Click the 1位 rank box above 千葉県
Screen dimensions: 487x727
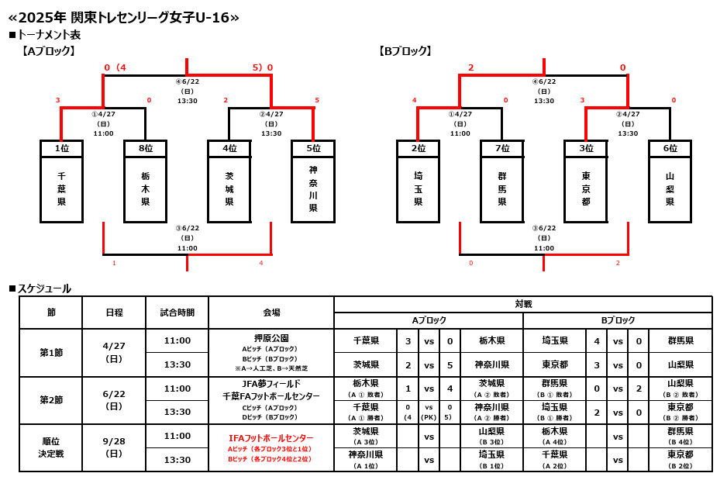tap(61, 148)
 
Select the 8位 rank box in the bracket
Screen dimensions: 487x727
tap(145, 148)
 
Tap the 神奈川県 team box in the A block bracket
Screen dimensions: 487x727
tap(313, 189)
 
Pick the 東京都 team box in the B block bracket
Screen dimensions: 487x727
tap(586, 189)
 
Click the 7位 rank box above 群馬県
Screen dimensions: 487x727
tap(502, 148)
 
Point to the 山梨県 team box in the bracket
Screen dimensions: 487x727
tap(670, 189)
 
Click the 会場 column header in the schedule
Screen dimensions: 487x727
tap(271, 313)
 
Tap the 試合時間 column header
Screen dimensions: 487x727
tap(177, 313)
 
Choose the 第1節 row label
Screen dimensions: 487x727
tap(51, 353)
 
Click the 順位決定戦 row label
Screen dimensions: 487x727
tap(51, 447)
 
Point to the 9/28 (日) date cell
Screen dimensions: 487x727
tap(114, 447)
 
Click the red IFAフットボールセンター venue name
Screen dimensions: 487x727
tap(271, 438)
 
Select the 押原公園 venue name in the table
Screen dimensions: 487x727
tap(271, 338)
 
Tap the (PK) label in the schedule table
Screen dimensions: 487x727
tap(429, 416)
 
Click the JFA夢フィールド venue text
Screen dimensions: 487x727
tap(271, 384)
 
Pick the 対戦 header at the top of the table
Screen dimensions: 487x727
tap(523, 304)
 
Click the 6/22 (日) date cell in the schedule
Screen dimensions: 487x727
tap(114, 400)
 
